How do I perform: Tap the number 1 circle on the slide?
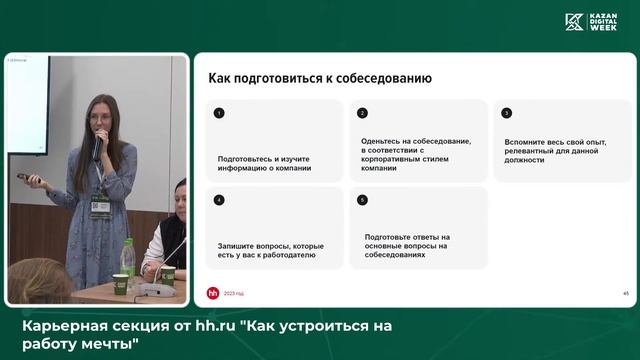click(219, 113)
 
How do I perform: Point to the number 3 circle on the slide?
click(507, 113)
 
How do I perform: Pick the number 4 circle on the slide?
click(219, 200)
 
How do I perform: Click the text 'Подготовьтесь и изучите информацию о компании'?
click(265, 163)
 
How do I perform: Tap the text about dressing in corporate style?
click(404, 155)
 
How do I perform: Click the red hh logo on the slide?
click(212, 293)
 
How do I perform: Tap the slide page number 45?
click(625, 293)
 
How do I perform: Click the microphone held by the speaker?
click(97, 146)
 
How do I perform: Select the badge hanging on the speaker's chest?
click(101, 204)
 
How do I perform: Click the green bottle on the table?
click(127, 259)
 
